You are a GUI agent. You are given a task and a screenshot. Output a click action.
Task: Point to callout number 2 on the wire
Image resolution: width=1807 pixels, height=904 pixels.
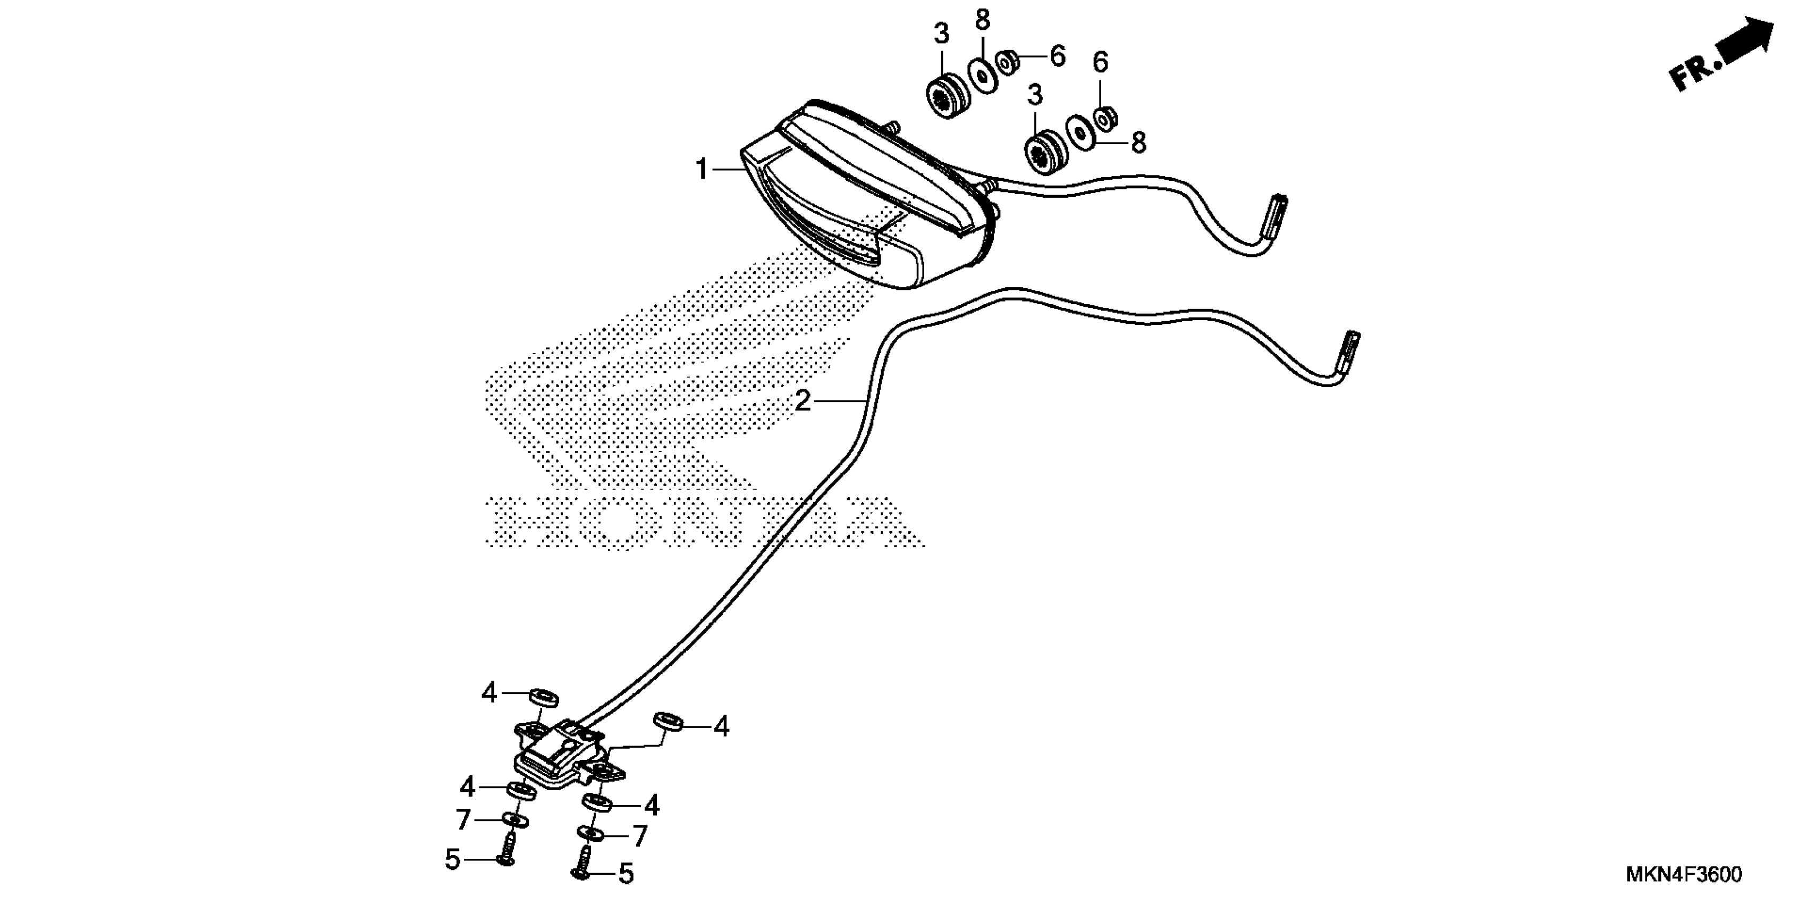[803, 401]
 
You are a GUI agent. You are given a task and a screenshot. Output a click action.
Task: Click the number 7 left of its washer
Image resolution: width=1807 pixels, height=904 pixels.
[463, 819]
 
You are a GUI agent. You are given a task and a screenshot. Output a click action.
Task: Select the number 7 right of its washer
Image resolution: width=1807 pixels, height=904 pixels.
[639, 835]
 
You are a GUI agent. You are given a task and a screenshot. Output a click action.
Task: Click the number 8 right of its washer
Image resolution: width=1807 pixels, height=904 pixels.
[1138, 143]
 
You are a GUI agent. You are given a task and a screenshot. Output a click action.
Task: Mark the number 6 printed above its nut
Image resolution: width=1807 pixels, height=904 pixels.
[1101, 62]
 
